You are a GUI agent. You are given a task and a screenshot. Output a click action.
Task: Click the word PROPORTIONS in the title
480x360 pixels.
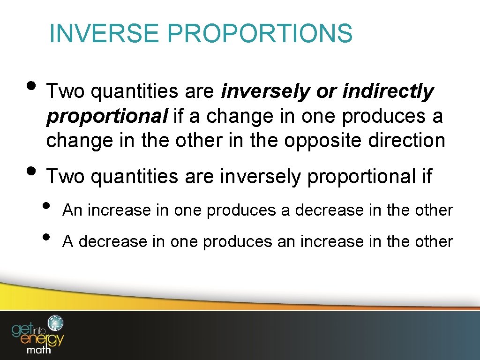pos(259,34)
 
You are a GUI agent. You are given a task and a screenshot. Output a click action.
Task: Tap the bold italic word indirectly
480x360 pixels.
pos(388,92)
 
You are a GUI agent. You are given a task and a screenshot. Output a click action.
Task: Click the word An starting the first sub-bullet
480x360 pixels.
pos(73,210)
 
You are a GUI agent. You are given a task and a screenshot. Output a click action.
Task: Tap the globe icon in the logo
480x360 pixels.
pos(56,323)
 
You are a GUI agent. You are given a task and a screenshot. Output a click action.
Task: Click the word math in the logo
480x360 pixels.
pos(39,349)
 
